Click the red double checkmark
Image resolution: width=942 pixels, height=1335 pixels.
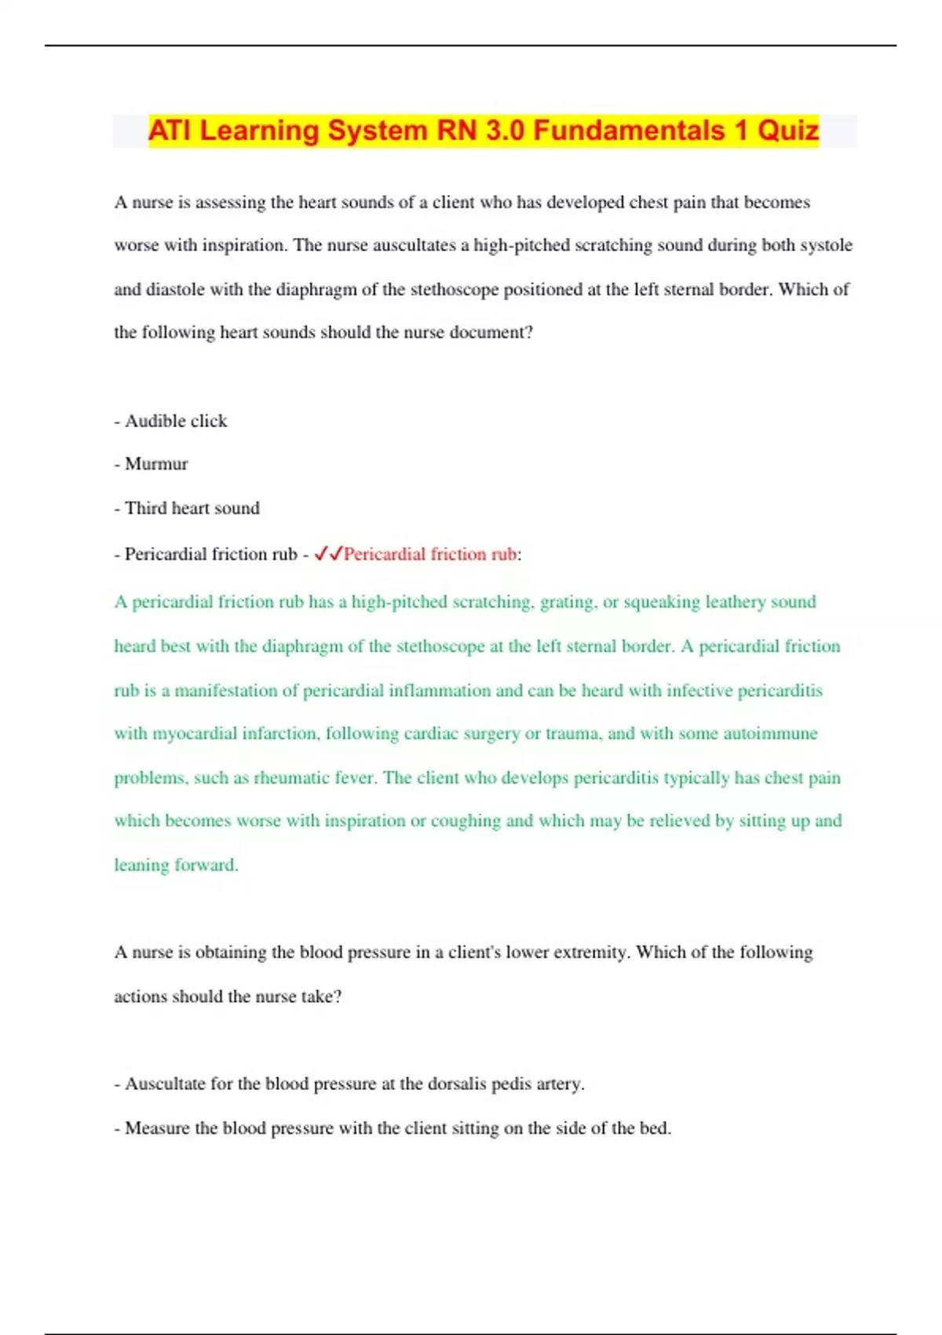tap(327, 554)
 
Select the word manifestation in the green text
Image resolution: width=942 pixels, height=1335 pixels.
tap(226, 690)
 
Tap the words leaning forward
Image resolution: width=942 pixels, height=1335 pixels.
tap(176, 865)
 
